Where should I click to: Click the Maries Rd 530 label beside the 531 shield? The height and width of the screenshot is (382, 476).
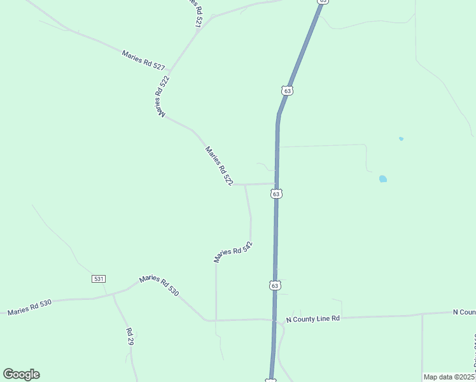pyautogui.click(x=159, y=285)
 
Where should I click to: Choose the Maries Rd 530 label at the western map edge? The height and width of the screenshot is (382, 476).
pyautogui.click(x=29, y=308)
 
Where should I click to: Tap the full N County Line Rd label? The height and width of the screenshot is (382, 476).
pyautogui.click(x=313, y=318)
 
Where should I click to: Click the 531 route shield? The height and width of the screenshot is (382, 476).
pyautogui.click(x=98, y=279)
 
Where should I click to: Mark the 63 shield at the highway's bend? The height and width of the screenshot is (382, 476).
pyautogui.click(x=288, y=91)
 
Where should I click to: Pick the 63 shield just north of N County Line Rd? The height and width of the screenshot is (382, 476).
pyautogui.click(x=274, y=286)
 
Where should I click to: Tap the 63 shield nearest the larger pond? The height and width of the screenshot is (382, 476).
pyautogui.click(x=277, y=194)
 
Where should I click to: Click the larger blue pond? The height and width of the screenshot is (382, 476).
pyautogui.click(x=382, y=179)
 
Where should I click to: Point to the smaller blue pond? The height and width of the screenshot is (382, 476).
pyautogui.click(x=401, y=138)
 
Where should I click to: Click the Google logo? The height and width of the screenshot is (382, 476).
pyautogui.click(x=21, y=374)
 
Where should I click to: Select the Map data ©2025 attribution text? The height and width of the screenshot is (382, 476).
pyautogui.click(x=449, y=377)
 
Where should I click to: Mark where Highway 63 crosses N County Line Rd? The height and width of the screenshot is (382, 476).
pyautogui.click(x=274, y=320)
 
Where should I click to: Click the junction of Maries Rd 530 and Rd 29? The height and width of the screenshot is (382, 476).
pyautogui.click(x=113, y=295)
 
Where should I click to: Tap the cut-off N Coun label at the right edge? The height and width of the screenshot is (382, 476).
pyautogui.click(x=464, y=312)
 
